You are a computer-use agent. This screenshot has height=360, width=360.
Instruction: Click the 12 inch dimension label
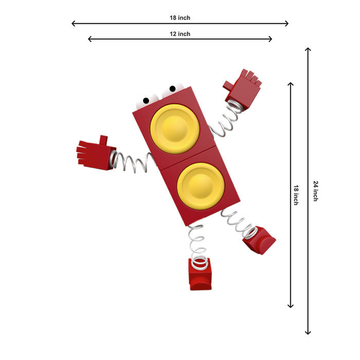(180, 34)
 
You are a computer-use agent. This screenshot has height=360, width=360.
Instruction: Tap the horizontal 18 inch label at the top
(180, 18)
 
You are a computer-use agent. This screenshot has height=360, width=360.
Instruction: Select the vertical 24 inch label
(316, 191)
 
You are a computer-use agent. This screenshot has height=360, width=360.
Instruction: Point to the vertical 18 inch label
(296, 195)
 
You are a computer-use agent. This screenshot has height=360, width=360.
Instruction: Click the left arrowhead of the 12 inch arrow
(90, 39)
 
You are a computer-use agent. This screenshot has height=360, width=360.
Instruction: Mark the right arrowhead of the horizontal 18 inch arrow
(287, 24)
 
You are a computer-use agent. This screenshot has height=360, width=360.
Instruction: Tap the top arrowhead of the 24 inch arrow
(308, 49)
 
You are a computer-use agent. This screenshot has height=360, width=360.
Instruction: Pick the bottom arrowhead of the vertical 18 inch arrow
(291, 306)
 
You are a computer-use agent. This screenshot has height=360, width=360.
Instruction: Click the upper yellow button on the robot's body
(175, 129)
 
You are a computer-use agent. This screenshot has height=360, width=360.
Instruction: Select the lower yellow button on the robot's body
(201, 186)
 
